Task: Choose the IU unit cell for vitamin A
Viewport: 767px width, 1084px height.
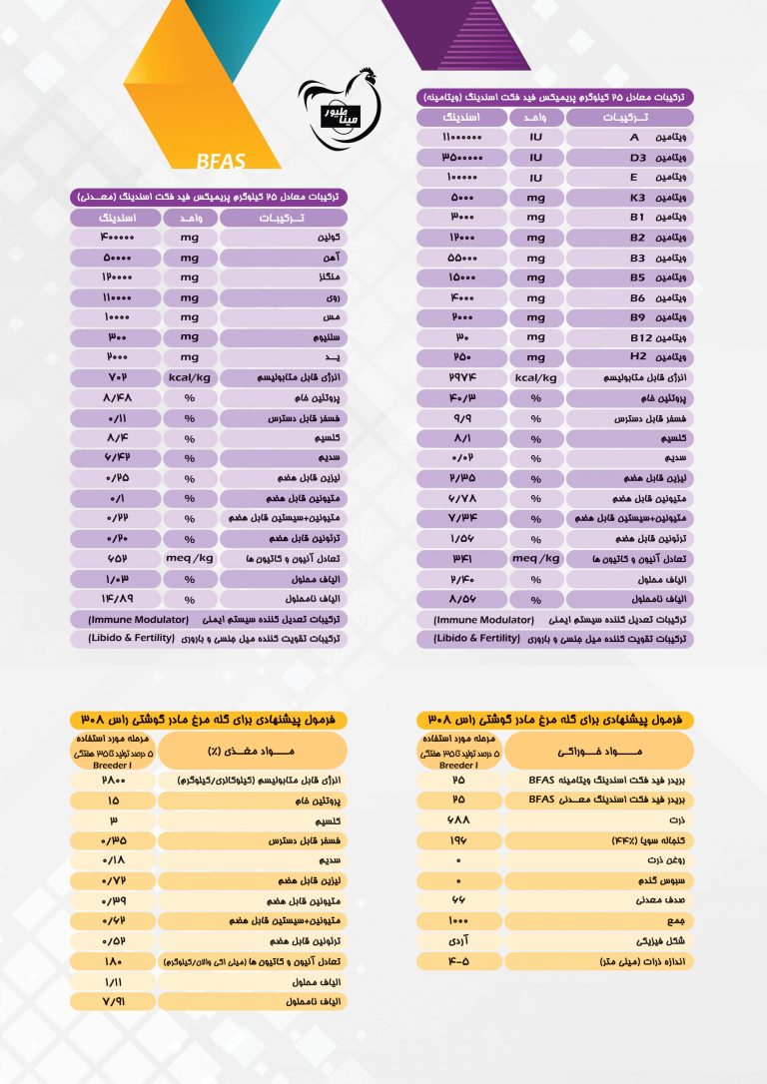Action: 535,138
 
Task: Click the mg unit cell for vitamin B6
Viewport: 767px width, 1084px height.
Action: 535,297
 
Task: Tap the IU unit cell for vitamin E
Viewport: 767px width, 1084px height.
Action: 535,177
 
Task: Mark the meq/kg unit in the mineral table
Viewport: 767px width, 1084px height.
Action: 188,558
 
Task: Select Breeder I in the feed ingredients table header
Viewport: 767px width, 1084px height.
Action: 457,765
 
